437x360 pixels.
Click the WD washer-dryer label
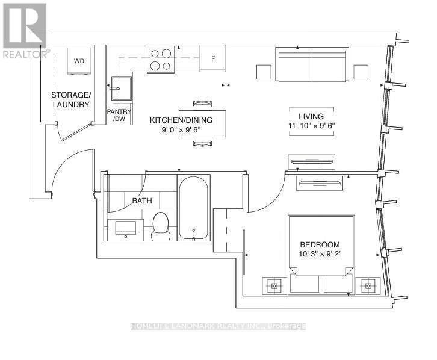(x=79, y=61)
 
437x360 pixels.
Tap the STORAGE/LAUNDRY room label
(x=70, y=100)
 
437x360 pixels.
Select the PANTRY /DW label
(x=119, y=115)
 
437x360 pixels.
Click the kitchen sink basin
(x=123, y=90)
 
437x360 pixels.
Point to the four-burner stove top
(x=161, y=59)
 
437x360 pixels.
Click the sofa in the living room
(x=312, y=64)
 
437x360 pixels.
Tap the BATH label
(x=142, y=200)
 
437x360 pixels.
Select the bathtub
(x=194, y=208)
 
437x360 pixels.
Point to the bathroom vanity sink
(x=125, y=228)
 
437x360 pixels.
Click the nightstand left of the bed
(x=274, y=285)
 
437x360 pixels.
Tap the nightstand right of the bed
(x=367, y=285)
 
